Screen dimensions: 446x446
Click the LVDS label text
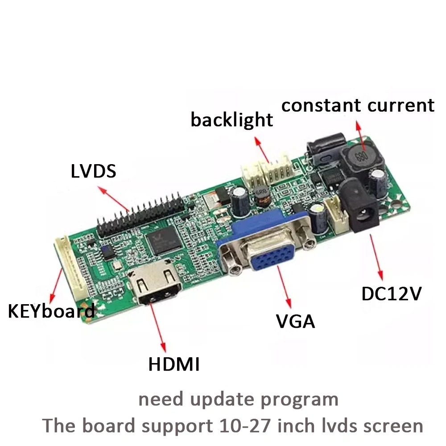(x=93, y=171)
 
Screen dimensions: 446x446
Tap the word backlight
(x=231, y=120)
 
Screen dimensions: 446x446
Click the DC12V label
(x=391, y=293)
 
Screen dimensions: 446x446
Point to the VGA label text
(x=295, y=321)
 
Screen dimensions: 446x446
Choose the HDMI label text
(x=173, y=364)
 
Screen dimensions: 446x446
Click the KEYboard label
(x=51, y=311)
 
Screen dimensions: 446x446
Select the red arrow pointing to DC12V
(x=376, y=259)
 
